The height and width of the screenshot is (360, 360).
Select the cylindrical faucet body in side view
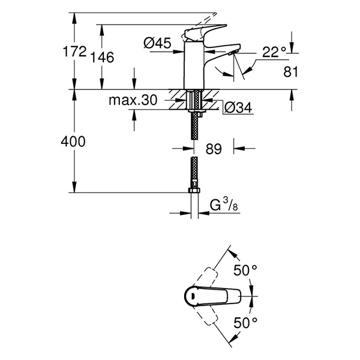coord(193,66)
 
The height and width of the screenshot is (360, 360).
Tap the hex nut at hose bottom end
coord(193,191)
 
